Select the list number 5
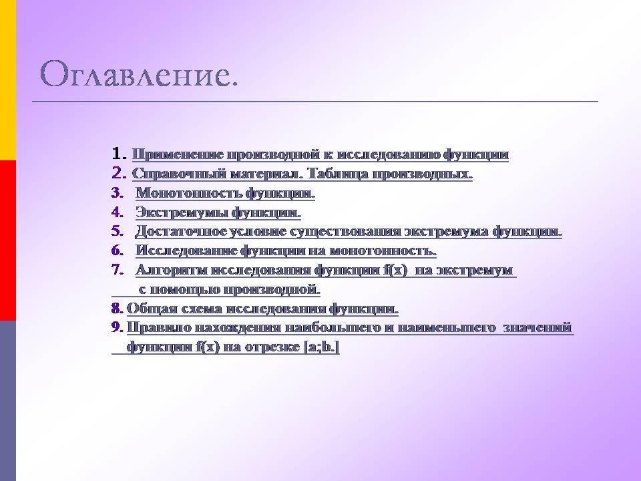[118, 231]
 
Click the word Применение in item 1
[178, 155]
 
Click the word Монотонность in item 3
[188, 192]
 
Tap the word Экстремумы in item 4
[182, 212]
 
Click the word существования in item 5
[345, 232]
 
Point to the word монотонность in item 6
[383, 251]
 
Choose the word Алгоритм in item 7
[173, 270]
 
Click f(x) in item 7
[395, 271]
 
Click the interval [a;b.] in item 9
[321, 347]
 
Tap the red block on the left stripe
[8, 240]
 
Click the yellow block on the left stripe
[8, 79]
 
